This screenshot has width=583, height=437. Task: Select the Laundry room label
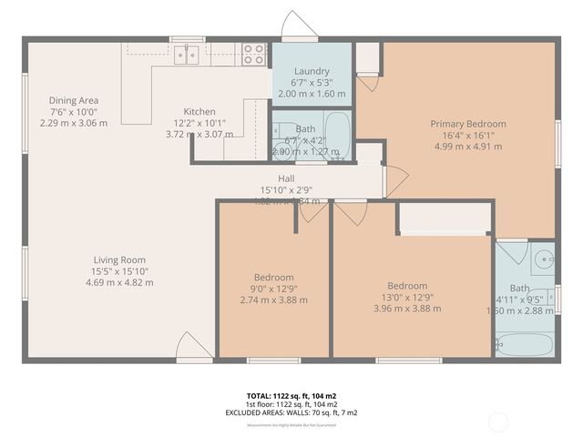coord(312,72)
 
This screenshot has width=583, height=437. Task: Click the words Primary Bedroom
coord(468,124)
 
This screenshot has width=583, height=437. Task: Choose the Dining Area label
coord(74,100)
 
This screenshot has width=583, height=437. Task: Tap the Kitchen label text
coord(199,111)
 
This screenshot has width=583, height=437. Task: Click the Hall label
coord(286,178)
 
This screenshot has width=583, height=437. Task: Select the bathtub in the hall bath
coord(336,135)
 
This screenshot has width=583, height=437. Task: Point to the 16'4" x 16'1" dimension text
coord(468,135)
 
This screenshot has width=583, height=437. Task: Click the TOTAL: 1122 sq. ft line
coord(291,396)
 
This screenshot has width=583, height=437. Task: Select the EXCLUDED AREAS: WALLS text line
coord(291,412)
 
